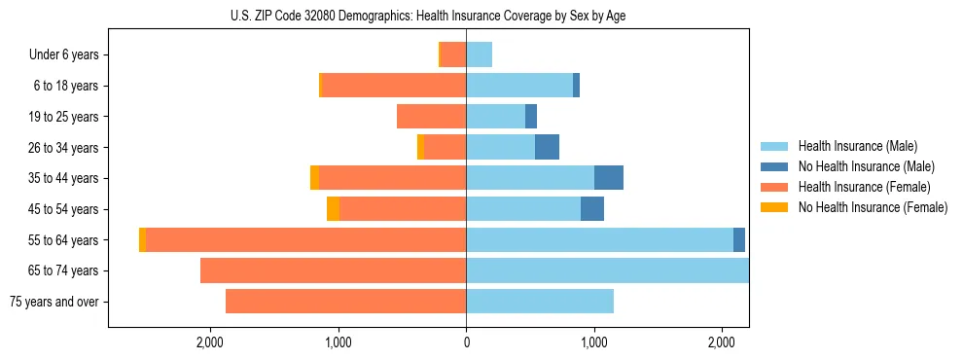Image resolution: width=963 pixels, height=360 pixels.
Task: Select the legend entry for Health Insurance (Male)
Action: point(857,146)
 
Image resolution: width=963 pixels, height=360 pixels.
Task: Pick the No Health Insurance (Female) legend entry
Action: point(872,207)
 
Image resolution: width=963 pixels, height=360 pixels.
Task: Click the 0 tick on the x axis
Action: point(466,342)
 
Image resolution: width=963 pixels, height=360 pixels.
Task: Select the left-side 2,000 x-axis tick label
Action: point(210,342)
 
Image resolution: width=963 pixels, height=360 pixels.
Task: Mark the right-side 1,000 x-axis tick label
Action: point(593,342)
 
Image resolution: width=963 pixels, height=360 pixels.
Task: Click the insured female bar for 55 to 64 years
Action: point(305,239)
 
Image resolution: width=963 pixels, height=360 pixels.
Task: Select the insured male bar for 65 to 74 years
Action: point(607,270)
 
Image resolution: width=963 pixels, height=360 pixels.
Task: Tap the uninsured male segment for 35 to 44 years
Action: point(609,178)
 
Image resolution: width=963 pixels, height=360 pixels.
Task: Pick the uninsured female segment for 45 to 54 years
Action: point(333,209)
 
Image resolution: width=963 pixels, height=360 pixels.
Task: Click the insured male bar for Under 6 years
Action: point(479,54)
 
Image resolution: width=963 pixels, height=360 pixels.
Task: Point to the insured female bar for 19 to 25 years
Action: point(431,117)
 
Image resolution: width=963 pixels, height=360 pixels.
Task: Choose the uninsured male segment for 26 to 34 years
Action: point(547,147)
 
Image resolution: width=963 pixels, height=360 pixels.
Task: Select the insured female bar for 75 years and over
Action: point(345,302)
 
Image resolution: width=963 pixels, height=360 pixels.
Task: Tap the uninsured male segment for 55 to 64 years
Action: point(739,239)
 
